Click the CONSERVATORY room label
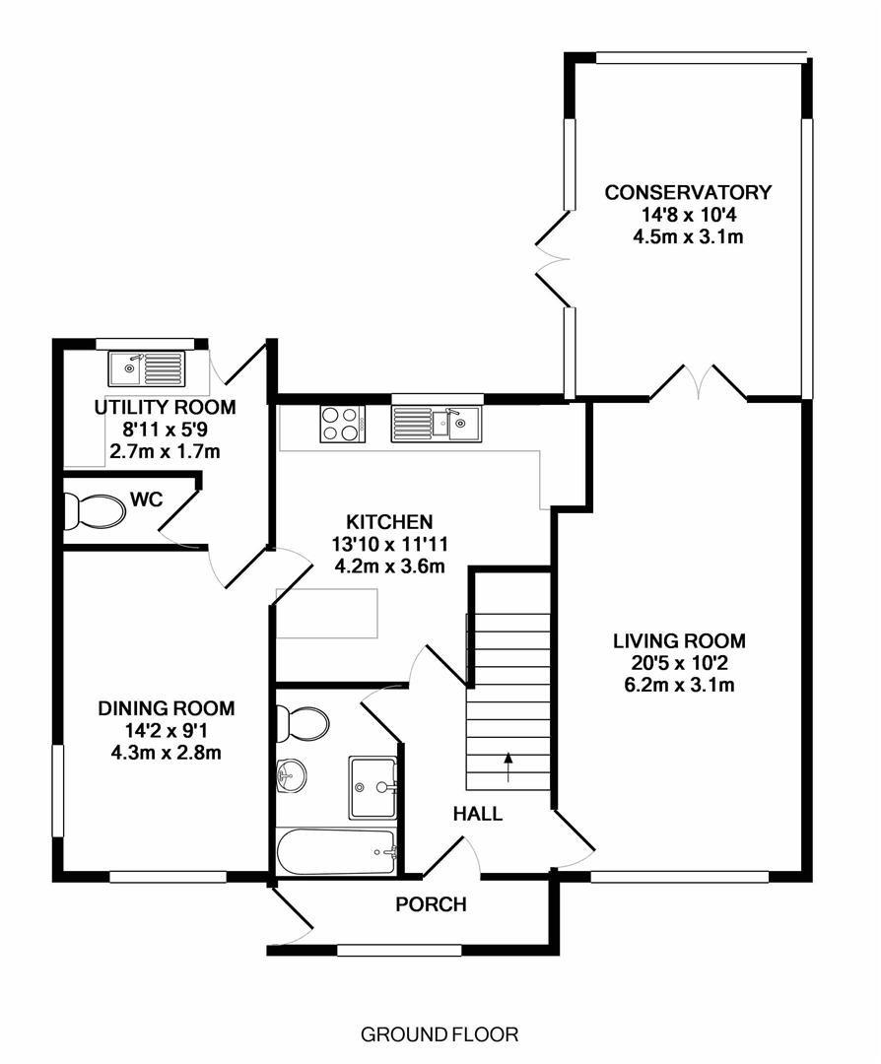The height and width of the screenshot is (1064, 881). click(x=688, y=193)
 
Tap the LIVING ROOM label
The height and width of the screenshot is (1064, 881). click(x=679, y=640)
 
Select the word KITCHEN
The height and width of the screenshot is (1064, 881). click(x=389, y=522)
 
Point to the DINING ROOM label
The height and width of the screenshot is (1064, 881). click(x=167, y=708)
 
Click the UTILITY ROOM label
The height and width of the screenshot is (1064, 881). click(x=165, y=407)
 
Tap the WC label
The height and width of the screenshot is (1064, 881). click(x=147, y=500)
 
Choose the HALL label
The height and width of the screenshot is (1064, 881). click(x=478, y=814)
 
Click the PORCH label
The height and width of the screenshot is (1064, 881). click(x=431, y=904)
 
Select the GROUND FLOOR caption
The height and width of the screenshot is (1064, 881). click(x=440, y=1034)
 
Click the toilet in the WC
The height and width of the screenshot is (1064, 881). click(x=95, y=510)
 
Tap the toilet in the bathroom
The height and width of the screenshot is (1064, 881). click(x=303, y=723)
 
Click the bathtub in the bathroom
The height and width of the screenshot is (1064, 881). click(x=337, y=851)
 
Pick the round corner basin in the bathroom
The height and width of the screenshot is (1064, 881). click(x=291, y=774)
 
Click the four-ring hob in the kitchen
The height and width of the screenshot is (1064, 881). click(x=343, y=424)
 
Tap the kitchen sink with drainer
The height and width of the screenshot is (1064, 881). click(x=435, y=424)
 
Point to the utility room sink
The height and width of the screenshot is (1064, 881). click(x=147, y=369)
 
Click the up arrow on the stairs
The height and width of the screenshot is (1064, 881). click(x=508, y=766)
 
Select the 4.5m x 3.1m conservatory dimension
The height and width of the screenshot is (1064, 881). click(x=688, y=237)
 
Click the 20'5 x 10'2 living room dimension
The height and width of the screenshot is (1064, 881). click(x=679, y=663)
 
